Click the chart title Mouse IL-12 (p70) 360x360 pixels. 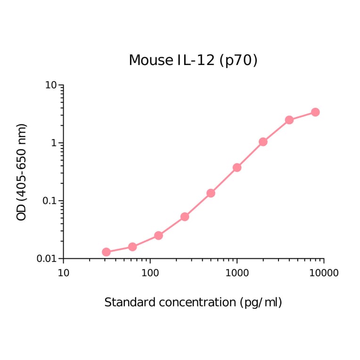coord(193,60)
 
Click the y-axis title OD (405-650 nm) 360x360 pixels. coord(22,172)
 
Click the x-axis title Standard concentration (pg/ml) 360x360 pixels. coord(193,302)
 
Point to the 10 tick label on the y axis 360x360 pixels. coord(51,85)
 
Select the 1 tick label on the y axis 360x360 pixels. coord(54,143)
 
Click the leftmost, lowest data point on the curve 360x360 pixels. coord(106,252)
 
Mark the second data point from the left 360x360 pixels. coord(132,247)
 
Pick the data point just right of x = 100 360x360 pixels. coord(158,235)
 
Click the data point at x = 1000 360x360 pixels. coord(237,167)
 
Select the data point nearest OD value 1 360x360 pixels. coord(263,142)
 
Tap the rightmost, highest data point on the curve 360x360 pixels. coord(315,112)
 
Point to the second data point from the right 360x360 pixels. coord(289,120)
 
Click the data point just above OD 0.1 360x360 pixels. coord(211,193)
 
